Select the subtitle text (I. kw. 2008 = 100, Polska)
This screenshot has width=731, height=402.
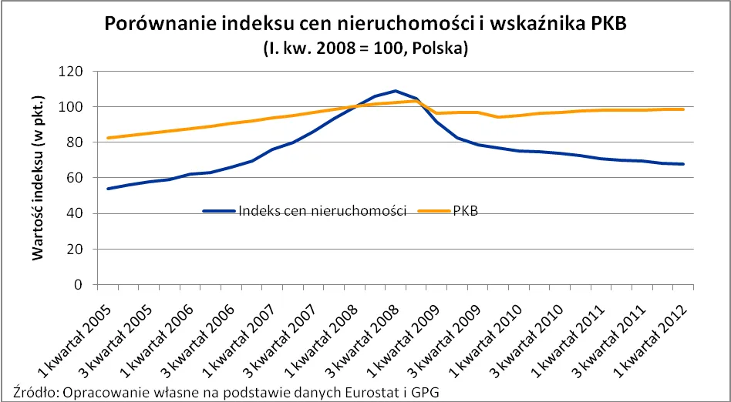tap(365, 49)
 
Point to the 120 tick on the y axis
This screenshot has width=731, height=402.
tap(74, 71)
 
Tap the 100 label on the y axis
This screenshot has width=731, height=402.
tap(74, 106)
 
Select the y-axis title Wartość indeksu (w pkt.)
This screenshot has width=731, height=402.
tap(38, 179)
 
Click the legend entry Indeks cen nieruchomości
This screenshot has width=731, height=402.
tap(322, 211)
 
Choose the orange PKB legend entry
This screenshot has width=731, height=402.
tap(465, 211)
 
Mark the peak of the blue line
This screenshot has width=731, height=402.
tap(396, 91)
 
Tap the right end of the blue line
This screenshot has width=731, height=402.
tap(683, 164)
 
